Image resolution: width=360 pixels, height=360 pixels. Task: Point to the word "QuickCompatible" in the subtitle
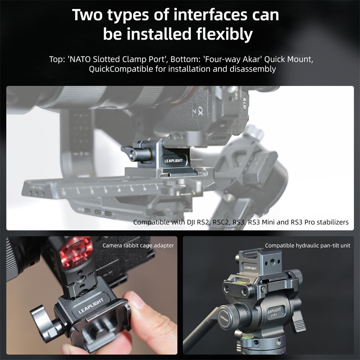[x=121, y=69]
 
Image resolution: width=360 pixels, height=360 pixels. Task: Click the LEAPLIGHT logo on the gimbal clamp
[x=174, y=161]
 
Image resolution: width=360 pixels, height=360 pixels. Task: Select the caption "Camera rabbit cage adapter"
[x=138, y=246]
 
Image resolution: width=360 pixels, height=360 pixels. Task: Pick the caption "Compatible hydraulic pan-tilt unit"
[x=307, y=246]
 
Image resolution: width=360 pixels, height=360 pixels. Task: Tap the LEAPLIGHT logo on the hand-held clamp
[x=91, y=306]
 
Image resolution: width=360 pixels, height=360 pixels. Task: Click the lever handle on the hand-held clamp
[x=43, y=320]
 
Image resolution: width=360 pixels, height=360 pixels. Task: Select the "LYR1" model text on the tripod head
[x=274, y=315]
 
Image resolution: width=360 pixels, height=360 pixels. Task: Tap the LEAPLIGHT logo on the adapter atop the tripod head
[x=250, y=268]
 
